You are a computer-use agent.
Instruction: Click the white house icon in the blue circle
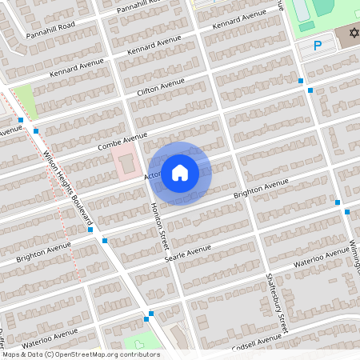pos(180,172)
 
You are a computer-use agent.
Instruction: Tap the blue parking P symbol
pos(317,46)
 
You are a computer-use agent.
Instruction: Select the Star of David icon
pos(350,35)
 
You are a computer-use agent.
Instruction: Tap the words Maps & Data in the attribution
pos(22,354)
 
